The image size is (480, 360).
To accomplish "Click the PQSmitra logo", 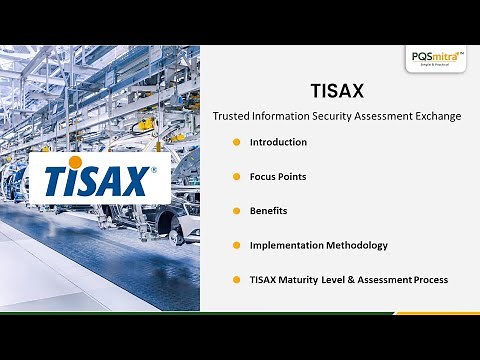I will (x=436, y=59).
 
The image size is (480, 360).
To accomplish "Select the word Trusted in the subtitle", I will (x=230, y=116).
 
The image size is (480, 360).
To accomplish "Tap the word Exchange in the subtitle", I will (x=439, y=116).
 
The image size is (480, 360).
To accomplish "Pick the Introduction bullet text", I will (x=278, y=142).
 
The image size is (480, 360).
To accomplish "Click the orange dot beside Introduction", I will (x=236, y=142).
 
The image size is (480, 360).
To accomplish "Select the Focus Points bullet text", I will (x=277, y=176).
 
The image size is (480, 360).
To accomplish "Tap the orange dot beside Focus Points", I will (x=236, y=176).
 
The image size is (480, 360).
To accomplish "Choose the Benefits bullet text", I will (x=268, y=210).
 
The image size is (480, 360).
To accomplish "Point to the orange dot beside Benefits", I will (x=236, y=210).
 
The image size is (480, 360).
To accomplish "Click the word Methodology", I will (x=354, y=245).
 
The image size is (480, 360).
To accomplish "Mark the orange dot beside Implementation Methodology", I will (x=236, y=245).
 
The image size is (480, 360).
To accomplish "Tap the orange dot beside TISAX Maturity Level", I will (x=236, y=279).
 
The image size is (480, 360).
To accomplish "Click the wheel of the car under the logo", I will (x=177, y=237).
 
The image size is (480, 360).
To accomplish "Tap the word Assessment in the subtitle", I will (x=388, y=116).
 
